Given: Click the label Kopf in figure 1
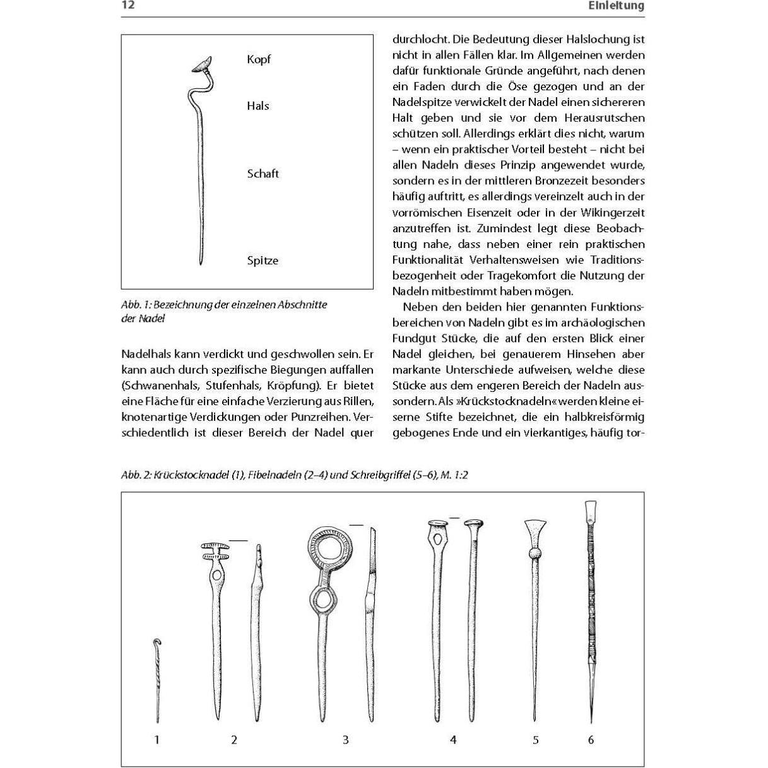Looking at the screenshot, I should click(x=259, y=59).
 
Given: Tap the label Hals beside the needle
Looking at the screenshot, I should click(x=257, y=106).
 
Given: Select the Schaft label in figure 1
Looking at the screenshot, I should click(x=263, y=174).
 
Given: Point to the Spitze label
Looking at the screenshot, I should click(x=263, y=261).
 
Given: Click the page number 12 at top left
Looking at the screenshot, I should click(x=128, y=6).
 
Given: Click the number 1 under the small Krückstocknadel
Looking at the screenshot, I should click(x=157, y=740).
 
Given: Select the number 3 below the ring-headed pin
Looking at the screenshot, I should click(x=346, y=740).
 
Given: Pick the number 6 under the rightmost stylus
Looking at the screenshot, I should click(x=591, y=740).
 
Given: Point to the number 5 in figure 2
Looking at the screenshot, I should click(x=536, y=740).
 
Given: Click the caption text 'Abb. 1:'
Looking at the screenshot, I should click(x=136, y=305).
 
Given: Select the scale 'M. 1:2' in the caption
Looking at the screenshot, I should click(x=454, y=475).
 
